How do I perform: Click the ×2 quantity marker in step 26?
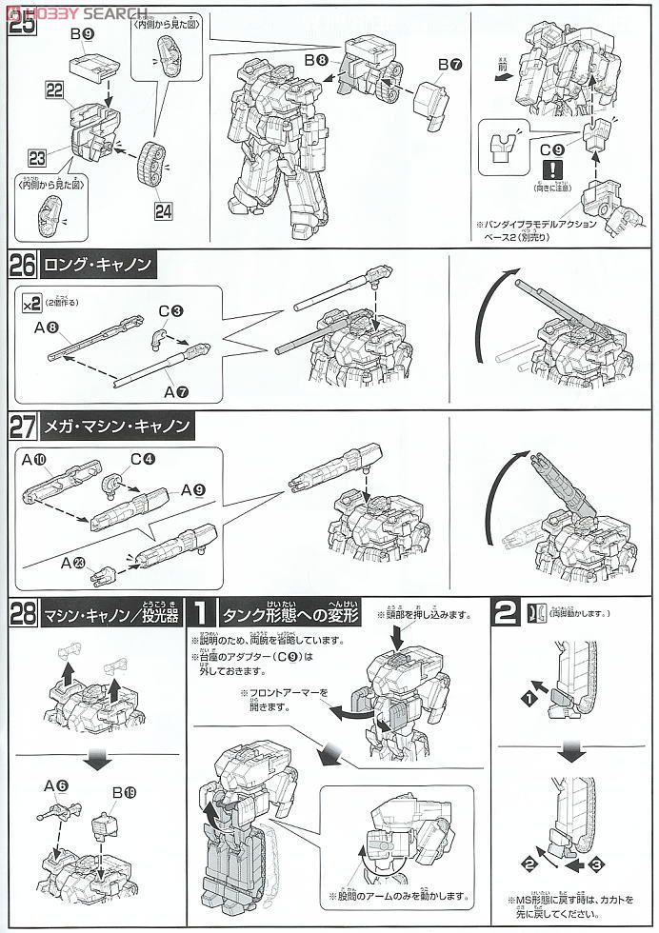tap(31, 303)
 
